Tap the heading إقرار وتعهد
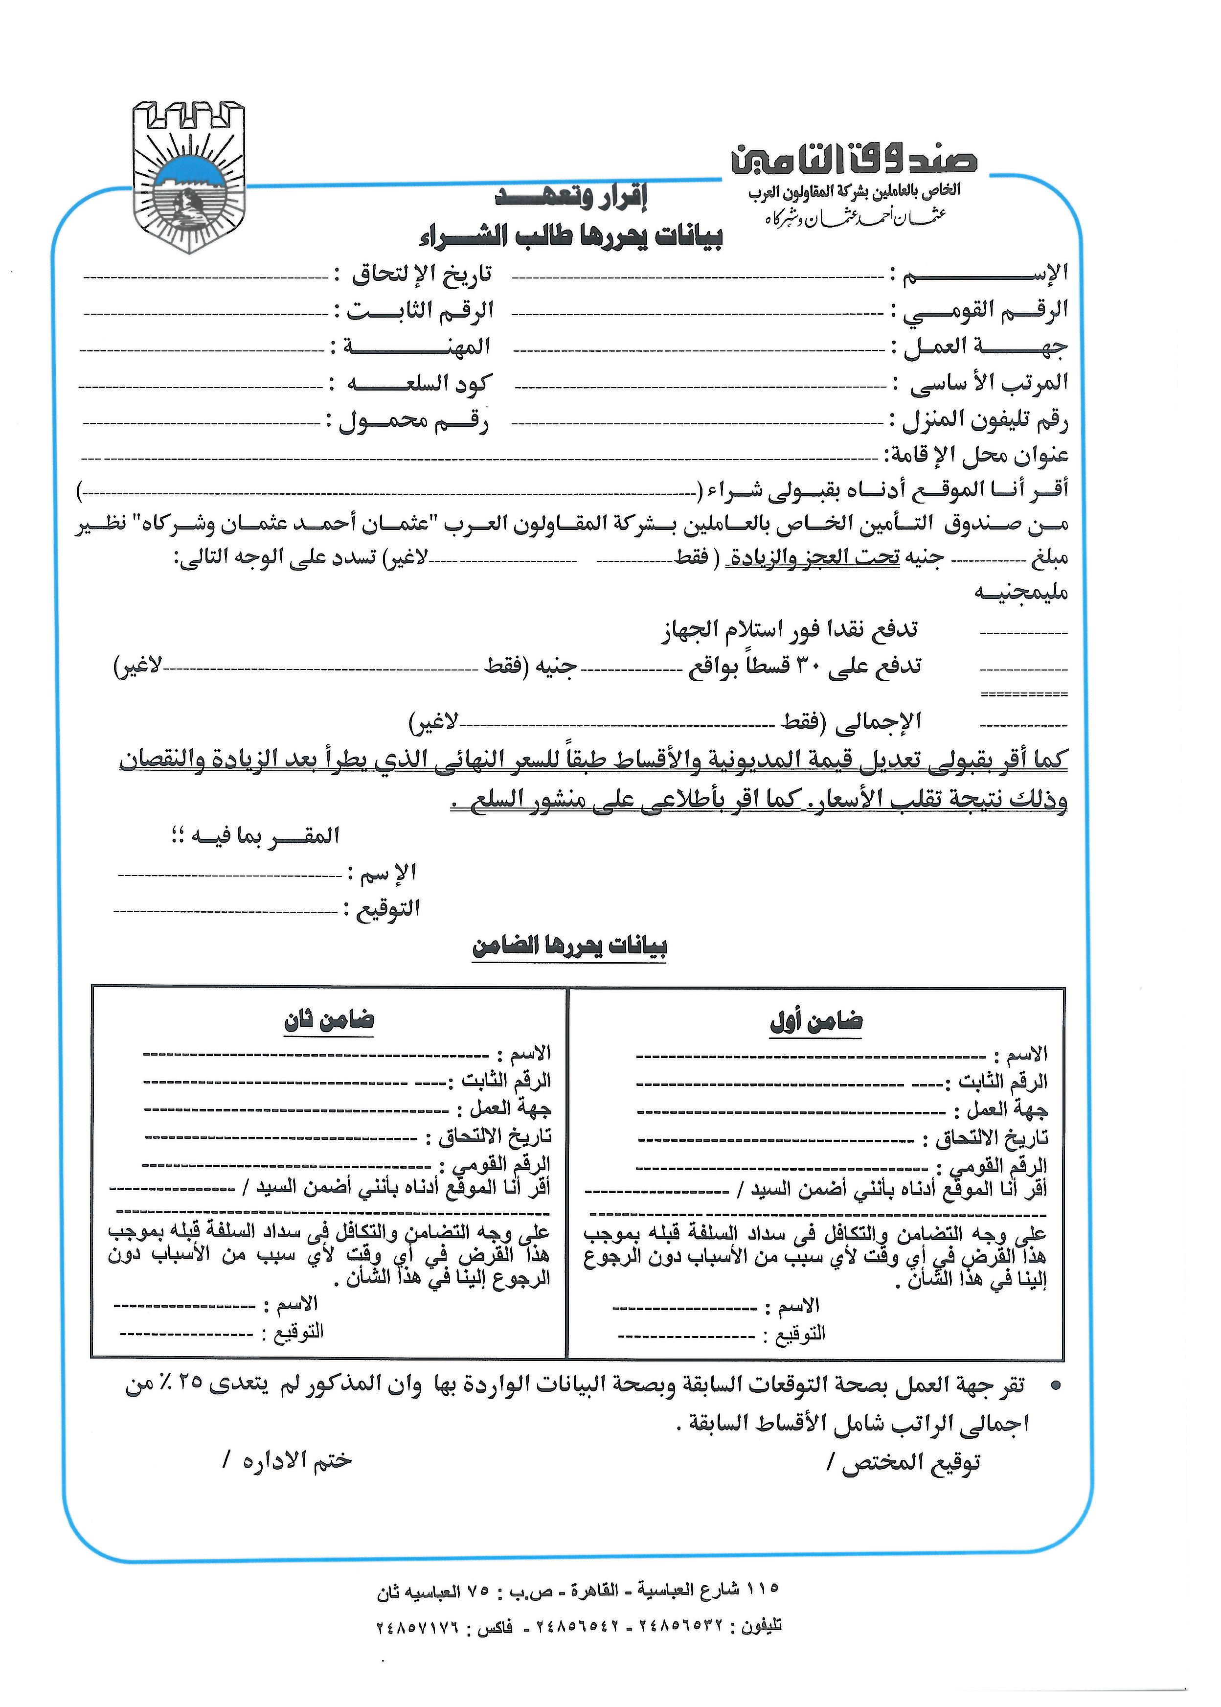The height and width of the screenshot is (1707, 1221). (x=571, y=198)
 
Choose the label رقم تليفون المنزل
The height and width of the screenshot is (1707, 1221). (x=985, y=419)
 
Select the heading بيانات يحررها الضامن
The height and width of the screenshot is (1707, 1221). (x=570, y=947)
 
